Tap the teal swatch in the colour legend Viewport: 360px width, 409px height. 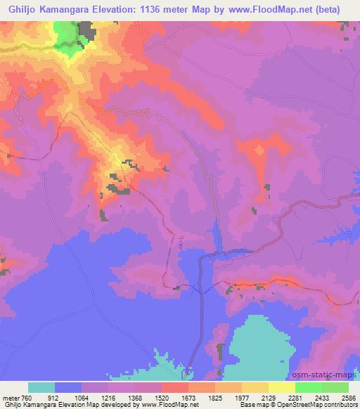click(x=41, y=387)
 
